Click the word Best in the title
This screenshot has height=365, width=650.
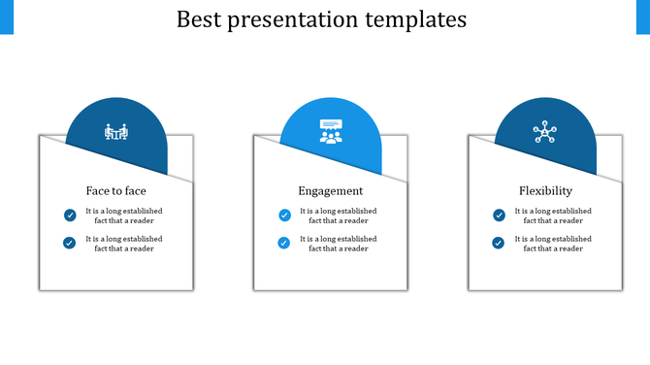pos(200,19)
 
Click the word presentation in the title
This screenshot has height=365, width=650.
pos(295,20)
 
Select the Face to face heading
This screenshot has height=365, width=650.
pos(116,190)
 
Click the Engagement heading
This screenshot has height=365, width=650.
pos(331,190)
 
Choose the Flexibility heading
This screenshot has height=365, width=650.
pos(545,190)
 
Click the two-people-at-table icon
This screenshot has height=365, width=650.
pos(116,132)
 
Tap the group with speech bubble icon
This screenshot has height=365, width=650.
pos(331,131)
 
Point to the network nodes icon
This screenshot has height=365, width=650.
pos(545,132)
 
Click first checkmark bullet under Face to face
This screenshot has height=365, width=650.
pos(70,216)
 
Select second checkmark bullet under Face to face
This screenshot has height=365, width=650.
pos(70,243)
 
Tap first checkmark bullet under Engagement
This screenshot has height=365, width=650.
pos(284,216)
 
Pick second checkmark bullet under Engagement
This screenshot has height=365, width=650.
pos(284,243)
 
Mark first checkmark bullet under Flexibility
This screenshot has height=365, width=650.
pos(499,216)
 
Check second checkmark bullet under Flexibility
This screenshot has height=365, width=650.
pos(499,243)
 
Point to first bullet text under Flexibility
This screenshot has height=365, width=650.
pos(553,216)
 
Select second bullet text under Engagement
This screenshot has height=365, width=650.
pos(339,243)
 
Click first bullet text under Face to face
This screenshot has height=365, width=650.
pos(124,216)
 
